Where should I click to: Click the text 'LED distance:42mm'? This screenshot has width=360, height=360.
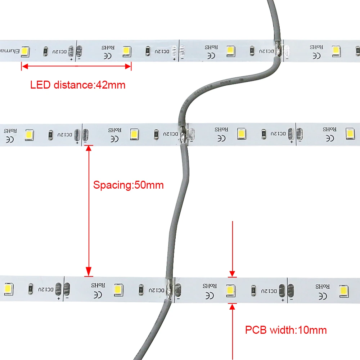[x=78, y=85]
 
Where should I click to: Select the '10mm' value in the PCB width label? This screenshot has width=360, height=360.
[x=313, y=330]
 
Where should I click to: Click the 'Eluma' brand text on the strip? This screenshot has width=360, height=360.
[x=9, y=51]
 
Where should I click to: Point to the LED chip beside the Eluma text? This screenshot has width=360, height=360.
[x=25, y=51]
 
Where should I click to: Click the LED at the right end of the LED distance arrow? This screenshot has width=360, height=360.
[x=126, y=51]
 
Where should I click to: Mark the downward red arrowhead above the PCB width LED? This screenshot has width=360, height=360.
[x=233, y=274]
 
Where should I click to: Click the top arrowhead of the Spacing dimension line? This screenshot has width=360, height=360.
[x=89, y=149]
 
